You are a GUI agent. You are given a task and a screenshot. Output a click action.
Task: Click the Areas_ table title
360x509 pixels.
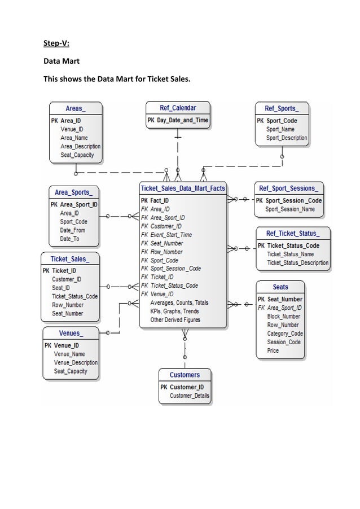(x=76, y=108)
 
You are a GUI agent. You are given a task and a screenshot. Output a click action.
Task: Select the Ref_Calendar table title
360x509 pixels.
(x=178, y=108)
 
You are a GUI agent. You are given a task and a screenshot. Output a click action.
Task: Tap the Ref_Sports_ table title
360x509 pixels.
(x=281, y=108)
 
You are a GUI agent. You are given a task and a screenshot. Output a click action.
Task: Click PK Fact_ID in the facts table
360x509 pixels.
(x=155, y=200)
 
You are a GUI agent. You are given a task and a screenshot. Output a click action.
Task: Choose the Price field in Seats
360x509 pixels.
(x=273, y=350)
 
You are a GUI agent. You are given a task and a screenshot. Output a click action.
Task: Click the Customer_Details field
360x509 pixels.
(x=189, y=396)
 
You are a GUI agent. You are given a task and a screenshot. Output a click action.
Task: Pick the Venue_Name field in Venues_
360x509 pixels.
(x=69, y=354)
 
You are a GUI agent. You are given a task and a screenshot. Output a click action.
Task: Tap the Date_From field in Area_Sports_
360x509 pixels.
(x=72, y=230)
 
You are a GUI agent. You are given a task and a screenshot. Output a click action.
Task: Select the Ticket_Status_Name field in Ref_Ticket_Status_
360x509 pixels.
(x=290, y=254)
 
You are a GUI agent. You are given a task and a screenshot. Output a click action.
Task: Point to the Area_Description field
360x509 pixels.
(x=80, y=147)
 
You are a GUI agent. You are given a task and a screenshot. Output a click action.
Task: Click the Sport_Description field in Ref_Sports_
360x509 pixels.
(x=287, y=138)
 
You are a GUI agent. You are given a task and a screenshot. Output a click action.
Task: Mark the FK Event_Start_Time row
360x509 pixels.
(x=166, y=235)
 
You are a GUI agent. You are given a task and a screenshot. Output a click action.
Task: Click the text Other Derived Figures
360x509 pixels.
(x=175, y=320)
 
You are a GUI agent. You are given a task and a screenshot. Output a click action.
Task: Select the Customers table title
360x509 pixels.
(x=185, y=375)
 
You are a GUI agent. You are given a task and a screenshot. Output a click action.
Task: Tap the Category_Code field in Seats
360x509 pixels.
(x=284, y=334)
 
